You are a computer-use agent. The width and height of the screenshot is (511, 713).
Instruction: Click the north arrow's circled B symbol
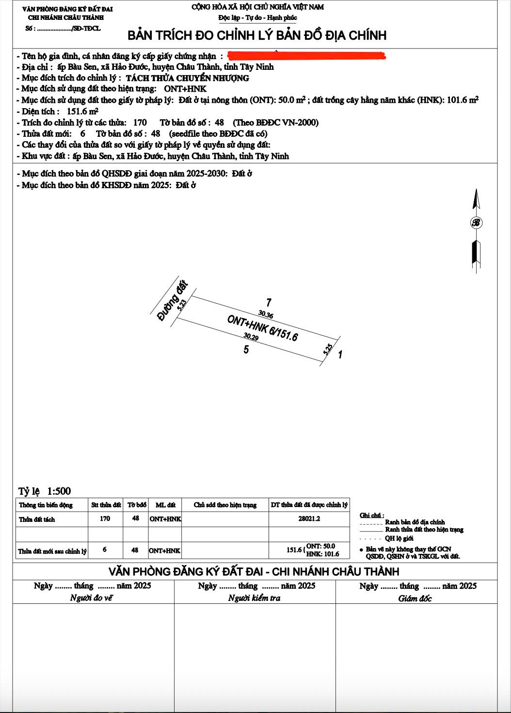pyautogui.click(x=476, y=223)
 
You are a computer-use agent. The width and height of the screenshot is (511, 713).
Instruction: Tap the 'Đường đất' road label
pyautogui.click(x=173, y=300)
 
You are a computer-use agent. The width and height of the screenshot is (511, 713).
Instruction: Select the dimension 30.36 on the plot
pyautogui.click(x=266, y=315)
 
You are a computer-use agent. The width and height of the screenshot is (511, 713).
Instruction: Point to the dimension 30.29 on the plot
pyautogui.click(x=251, y=337)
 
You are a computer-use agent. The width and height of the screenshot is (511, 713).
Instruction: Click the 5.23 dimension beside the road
pyautogui.click(x=182, y=304)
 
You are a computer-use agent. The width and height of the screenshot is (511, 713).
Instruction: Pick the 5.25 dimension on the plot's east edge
pyautogui.click(x=328, y=349)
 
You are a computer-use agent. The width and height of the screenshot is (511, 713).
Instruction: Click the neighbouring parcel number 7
pyautogui.click(x=269, y=303)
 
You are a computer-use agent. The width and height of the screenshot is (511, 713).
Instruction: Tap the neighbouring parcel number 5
pyautogui.click(x=246, y=349)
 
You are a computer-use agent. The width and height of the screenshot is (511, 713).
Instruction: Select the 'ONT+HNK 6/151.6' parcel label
pyautogui.click(x=262, y=328)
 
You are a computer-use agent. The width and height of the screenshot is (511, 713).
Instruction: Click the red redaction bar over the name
pyautogui.click(x=306, y=56)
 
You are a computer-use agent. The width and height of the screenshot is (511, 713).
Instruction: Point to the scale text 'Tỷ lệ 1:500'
pyautogui.click(x=45, y=491)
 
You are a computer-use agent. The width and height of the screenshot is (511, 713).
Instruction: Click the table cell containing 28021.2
pyautogui.click(x=309, y=519)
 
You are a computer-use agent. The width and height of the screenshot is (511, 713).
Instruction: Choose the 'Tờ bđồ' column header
pyautogui.click(x=137, y=505)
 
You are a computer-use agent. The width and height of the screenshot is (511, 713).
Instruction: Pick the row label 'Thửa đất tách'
pyautogui.click(x=37, y=519)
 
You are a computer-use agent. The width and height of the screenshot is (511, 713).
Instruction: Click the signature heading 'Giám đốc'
pyautogui.click(x=415, y=598)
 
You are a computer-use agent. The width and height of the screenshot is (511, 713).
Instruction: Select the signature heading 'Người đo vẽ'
pyautogui.click(x=92, y=598)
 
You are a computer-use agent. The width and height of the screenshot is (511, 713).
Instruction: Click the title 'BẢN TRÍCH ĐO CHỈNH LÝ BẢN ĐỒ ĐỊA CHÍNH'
pyautogui.click(x=257, y=35)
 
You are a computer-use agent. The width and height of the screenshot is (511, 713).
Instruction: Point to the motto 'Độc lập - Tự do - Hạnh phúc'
pyautogui.click(x=257, y=18)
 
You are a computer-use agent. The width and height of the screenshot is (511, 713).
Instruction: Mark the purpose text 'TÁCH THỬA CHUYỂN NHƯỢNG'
pyautogui.click(x=188, y=78)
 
